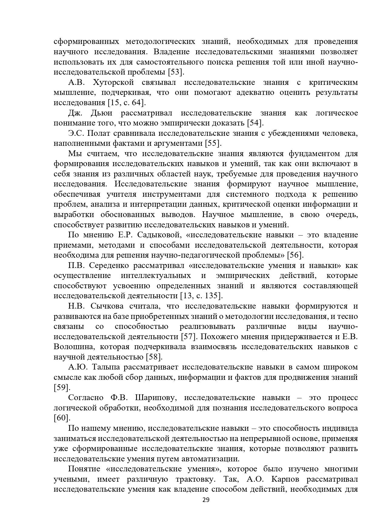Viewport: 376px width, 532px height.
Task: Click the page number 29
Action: tap(206, 500)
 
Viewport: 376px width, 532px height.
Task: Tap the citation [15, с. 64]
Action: tap(127, 103)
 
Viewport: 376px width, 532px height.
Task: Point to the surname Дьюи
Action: tap(101, 113)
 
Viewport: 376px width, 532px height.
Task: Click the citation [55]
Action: tap(213, 143)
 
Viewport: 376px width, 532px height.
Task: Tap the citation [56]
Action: tap(295, 255)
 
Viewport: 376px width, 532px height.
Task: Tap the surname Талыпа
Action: tap(106, 367)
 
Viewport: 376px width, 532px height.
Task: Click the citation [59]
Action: tap(62, 387)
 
